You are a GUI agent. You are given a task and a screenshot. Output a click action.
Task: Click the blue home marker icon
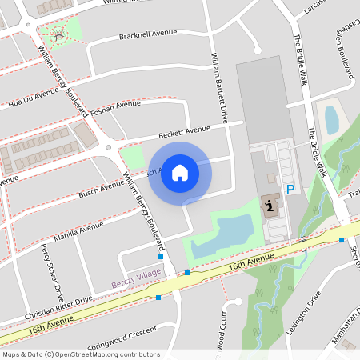click(x=180, y=173)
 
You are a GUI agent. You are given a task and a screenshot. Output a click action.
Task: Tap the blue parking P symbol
click(x=290, y=190)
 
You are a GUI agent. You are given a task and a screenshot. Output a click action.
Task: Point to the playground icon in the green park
click(x=58, y=34)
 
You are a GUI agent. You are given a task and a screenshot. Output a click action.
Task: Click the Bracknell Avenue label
click(x=146, y=35)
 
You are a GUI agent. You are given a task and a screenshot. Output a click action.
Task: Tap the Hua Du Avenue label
click(x=33, y=98)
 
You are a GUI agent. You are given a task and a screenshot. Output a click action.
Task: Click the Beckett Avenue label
click(x=184, y=130)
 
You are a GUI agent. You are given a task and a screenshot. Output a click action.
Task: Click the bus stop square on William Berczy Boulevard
click(x=161, y=257)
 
